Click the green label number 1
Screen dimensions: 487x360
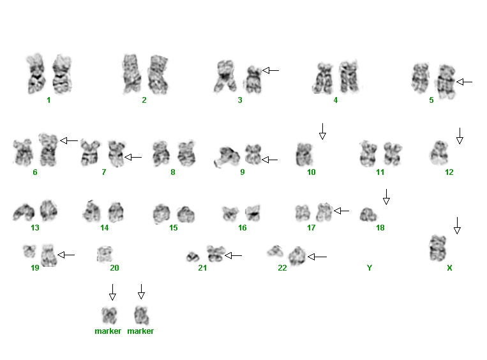(x=49, y=100)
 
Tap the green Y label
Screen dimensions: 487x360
(x=370, y=267)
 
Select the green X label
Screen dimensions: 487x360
(x=449, y=267)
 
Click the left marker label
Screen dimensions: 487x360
(x=108, y=331)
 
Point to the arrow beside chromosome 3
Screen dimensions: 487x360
(x=271, y=70)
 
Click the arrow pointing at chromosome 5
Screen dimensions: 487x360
(x=464, y=82)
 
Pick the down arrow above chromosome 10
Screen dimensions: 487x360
(x=322, y=131)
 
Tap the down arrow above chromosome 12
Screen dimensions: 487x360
(x=460, y=136)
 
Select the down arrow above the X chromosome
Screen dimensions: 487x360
(x=457, y=225)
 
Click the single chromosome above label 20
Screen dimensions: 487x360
(x=105, y=254)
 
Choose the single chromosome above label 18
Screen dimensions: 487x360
(x=368, y=214)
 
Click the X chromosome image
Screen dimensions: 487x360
(x=438, y=248)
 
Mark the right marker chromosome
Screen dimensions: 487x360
(x=142, y=315)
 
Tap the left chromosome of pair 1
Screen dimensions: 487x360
(x=36, y=74)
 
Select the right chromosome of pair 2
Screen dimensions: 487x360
(x=158, y=75)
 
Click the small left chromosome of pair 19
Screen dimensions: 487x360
(x=29, y=251)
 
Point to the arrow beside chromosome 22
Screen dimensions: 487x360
(x=317, y=257)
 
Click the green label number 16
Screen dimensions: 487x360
(x=243, y=228)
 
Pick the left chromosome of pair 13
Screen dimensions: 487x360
(x=24, y=212)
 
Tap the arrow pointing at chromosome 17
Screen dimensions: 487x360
(x=341, y=211)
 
